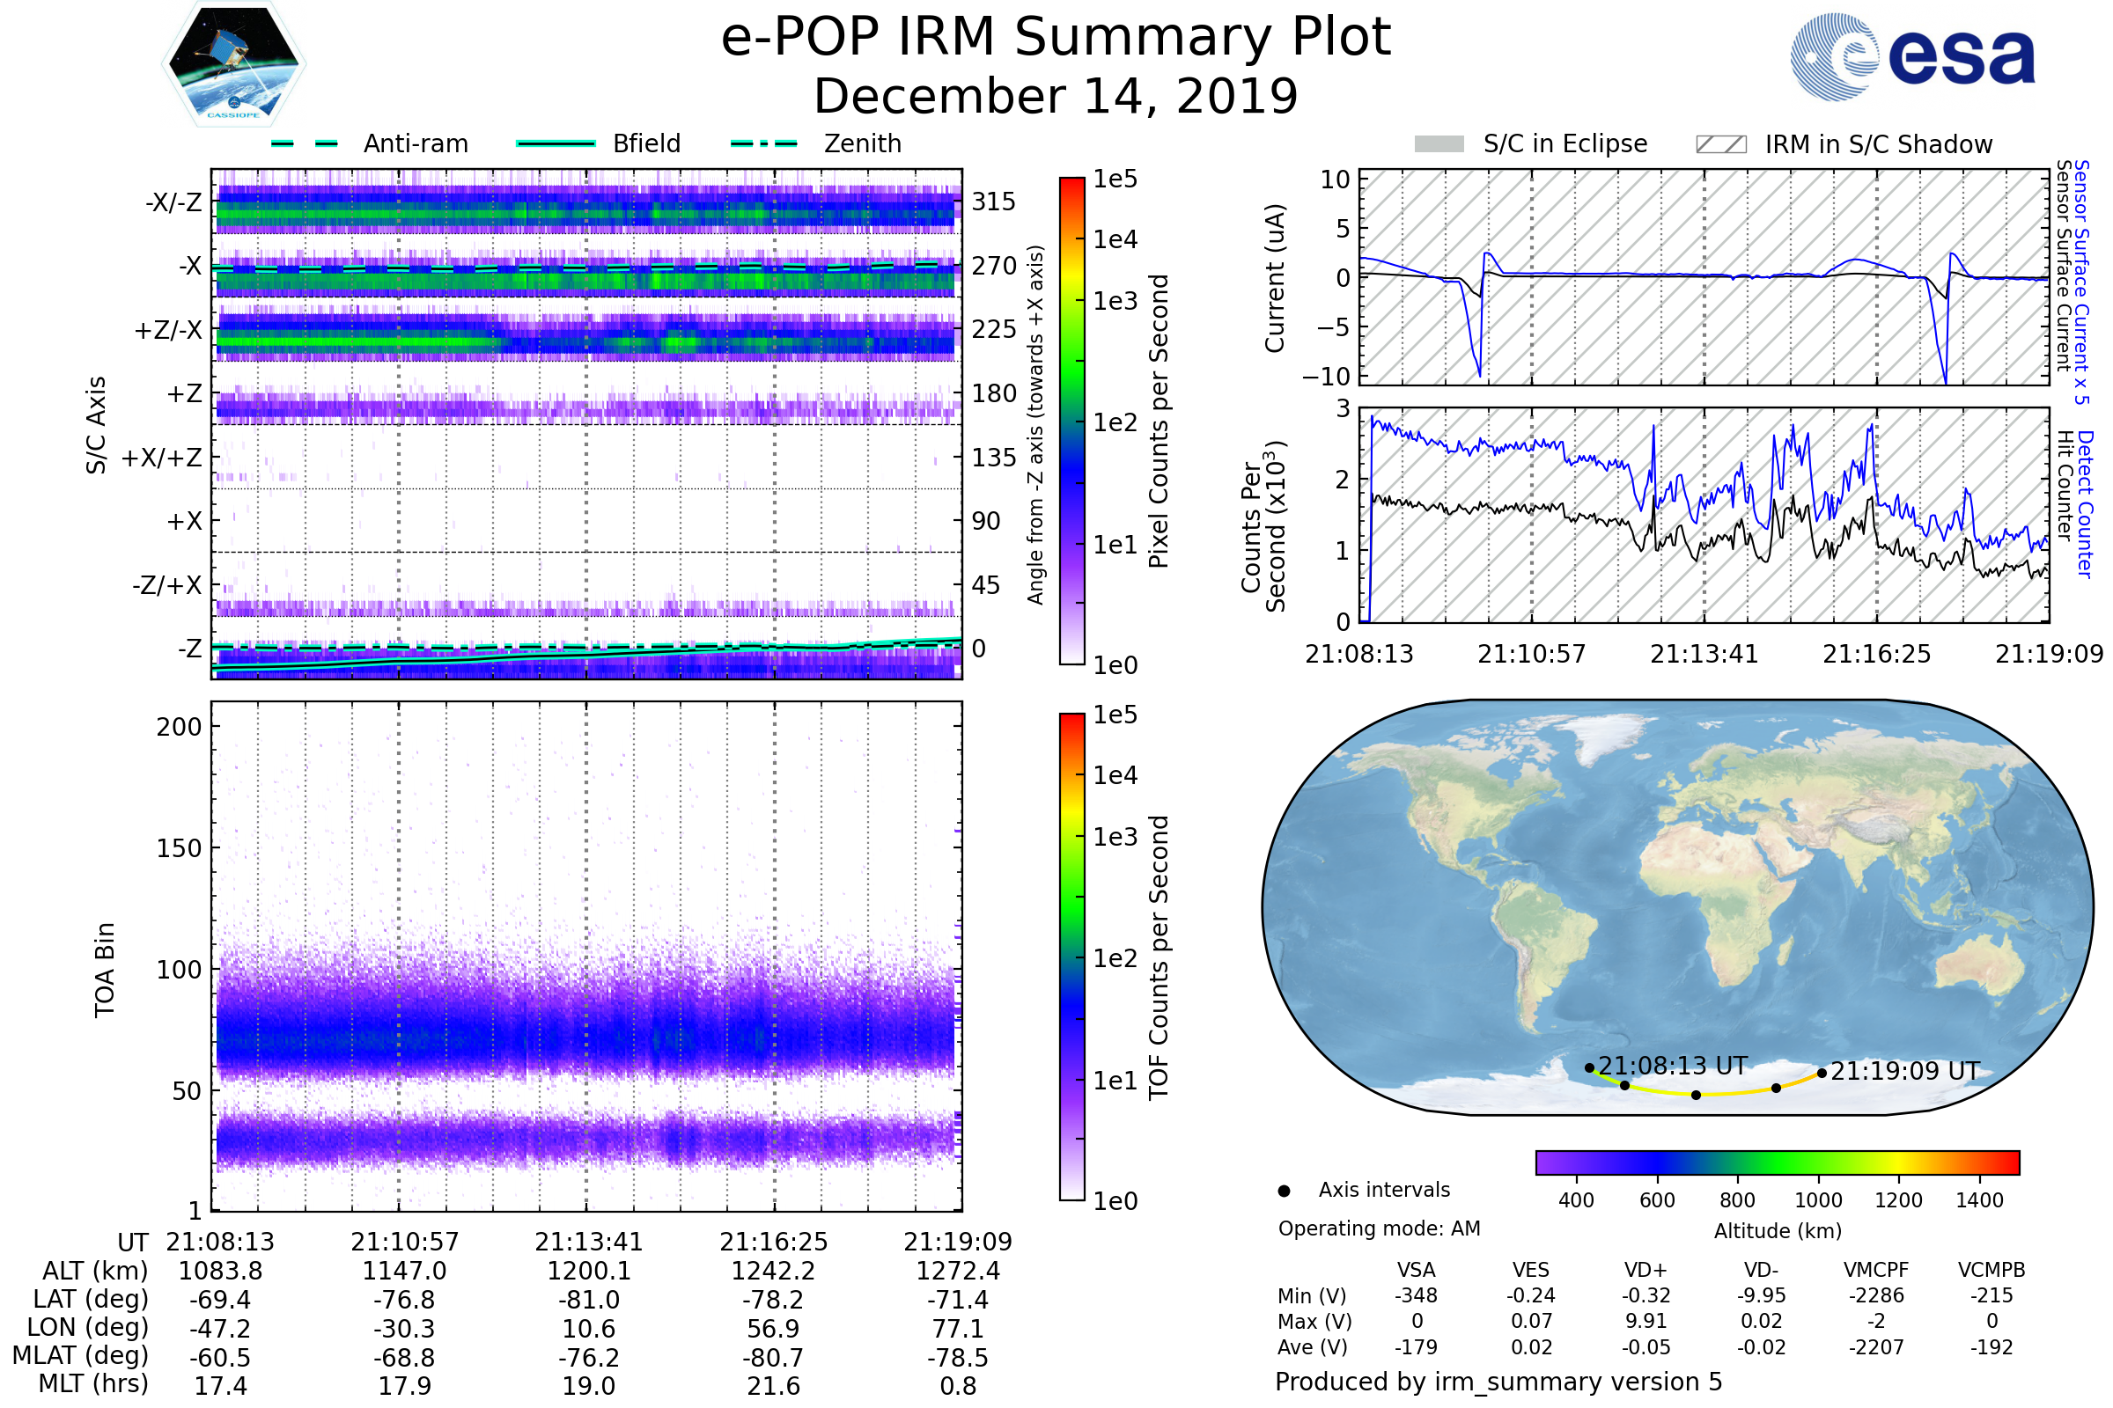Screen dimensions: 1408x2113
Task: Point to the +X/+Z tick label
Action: tap(162, 458)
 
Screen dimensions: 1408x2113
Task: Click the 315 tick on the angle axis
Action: tap(993, 202)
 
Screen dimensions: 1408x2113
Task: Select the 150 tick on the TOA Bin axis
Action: tap(179, 848)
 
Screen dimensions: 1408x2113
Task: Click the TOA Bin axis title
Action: tap(105, 969)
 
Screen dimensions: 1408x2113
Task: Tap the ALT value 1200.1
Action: tap(588, 1271)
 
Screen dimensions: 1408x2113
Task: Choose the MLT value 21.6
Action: tap(773, 1385)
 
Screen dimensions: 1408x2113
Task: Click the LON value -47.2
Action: tap(220, 1328)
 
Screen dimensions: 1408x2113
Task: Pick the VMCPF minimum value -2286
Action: tap(1876, 1295)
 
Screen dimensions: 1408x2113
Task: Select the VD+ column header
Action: tap(1645, 1270)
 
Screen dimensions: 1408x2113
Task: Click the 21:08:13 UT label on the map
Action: tap(1672, 1066)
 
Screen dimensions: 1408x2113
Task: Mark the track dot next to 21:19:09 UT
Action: tap(1822, 1073)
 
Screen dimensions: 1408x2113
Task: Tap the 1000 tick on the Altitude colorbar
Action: tap(1818, 1200)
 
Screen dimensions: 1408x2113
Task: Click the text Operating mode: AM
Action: tap(1379, 1228)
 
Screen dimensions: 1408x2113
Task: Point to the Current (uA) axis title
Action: tap(1275, 278)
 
